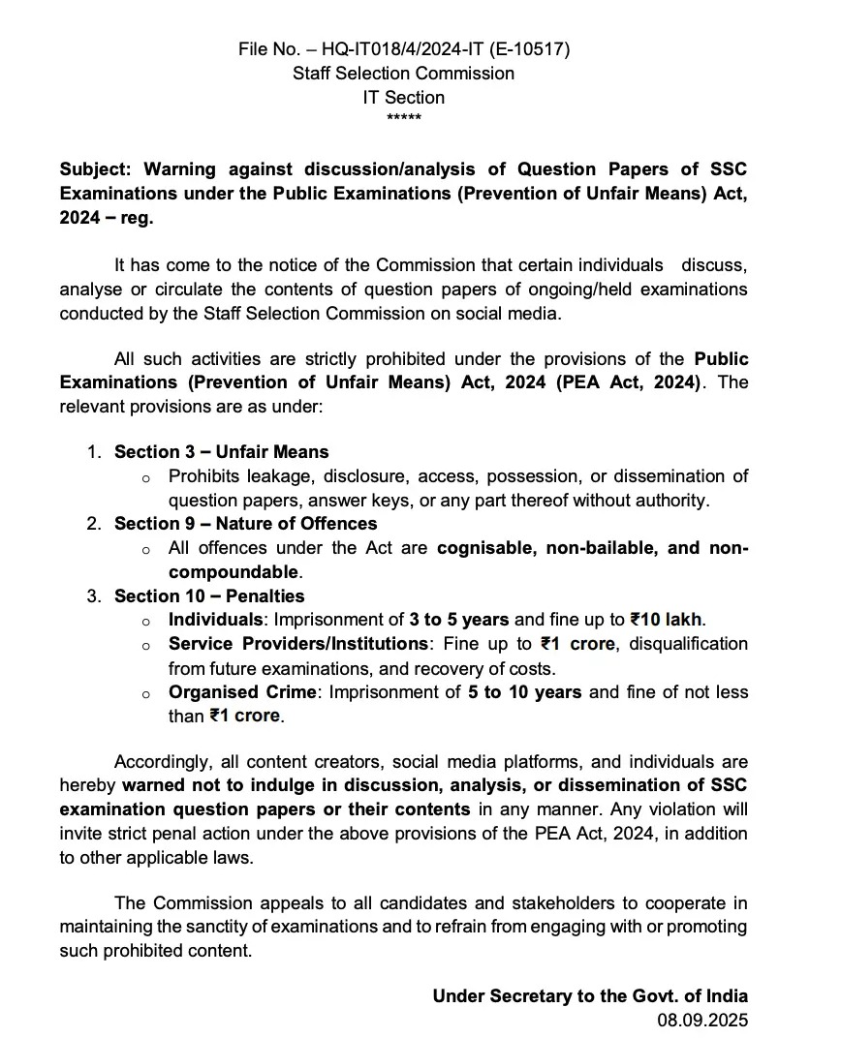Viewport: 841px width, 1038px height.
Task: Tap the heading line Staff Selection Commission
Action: coord(403,73)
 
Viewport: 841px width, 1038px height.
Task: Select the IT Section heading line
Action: coord(403,97)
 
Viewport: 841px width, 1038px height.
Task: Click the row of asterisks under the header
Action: coord(403,118)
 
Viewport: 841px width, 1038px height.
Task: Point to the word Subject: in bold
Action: coord(98,169)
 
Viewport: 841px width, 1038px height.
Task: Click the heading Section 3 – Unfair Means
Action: coord(221,451)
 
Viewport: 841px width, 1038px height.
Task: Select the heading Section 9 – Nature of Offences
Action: coord(245,523)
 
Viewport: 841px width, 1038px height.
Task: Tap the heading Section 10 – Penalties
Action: coord(209,595)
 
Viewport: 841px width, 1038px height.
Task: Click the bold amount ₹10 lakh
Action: coord(667,620)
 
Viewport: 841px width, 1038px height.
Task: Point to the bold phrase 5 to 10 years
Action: coord(525,692)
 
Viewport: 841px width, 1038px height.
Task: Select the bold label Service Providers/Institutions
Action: coord(297,644)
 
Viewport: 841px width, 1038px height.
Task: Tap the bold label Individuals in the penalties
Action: coord(215,620)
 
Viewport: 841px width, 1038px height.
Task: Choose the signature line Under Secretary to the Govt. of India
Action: coord(590,995)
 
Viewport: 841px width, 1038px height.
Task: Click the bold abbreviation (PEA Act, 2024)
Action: coord(627,382)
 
